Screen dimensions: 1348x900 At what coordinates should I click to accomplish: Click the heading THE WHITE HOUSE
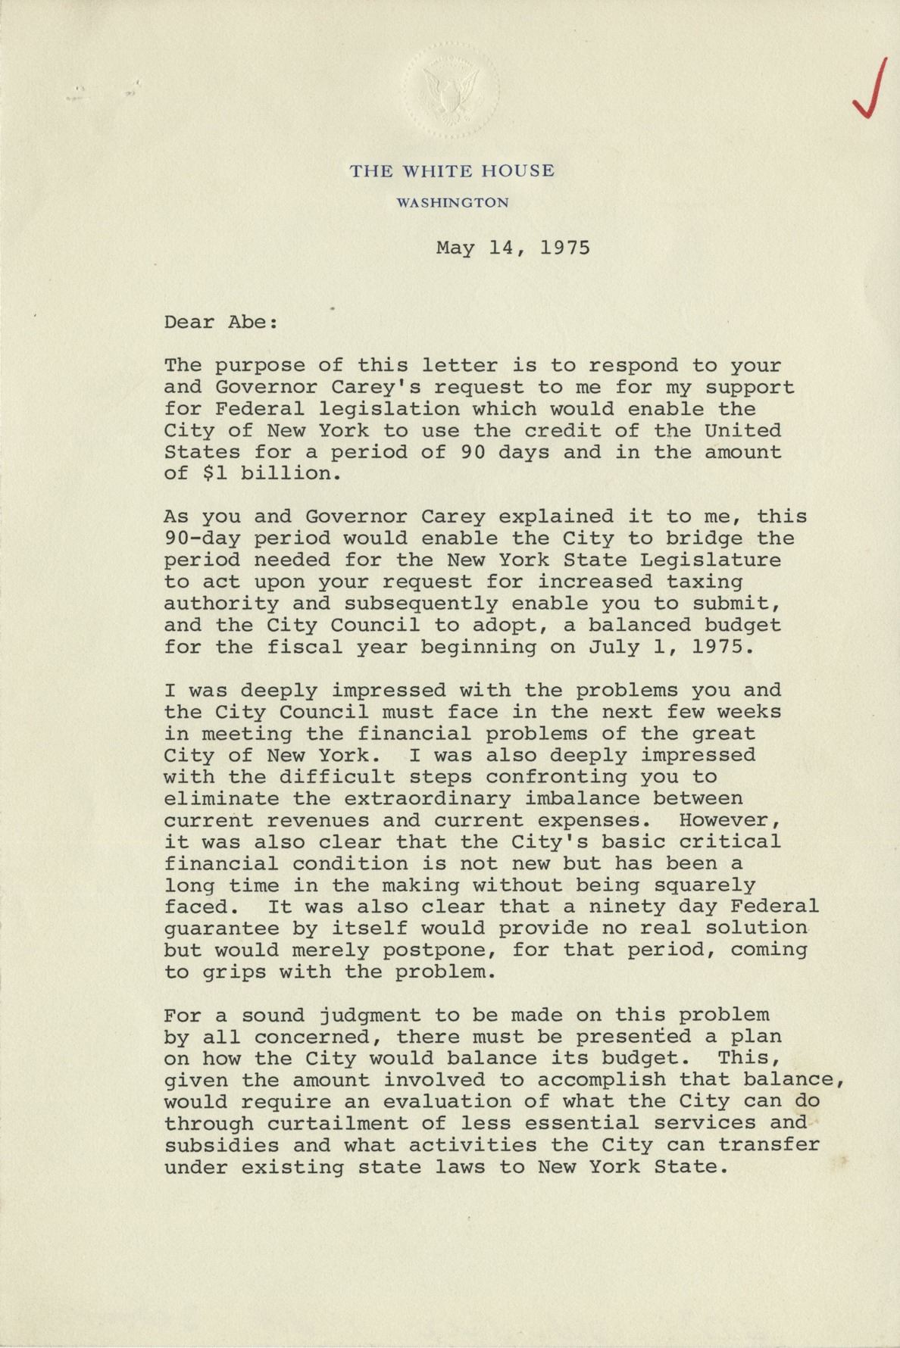coord(452,171)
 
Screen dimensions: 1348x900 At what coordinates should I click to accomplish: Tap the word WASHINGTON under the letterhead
coord(452,203)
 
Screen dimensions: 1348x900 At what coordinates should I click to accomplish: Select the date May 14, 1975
coord(513,248)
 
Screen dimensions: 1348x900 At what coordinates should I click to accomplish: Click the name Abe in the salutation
coord(247,322)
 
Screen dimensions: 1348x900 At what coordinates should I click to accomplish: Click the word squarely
coord(705,885)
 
